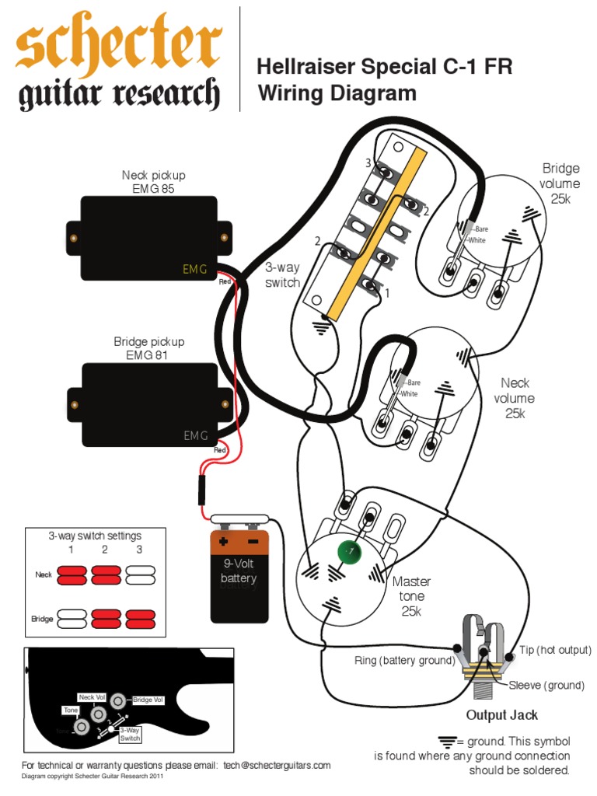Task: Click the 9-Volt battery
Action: point(239,575)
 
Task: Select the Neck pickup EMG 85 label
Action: point(153,182)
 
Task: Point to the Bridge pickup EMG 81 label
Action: point(149,348)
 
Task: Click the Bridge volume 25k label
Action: point(560,183)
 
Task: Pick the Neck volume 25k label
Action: point(515,398)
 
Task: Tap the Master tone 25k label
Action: point(411,595)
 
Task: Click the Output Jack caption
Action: point(501,714)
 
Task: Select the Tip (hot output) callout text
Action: point(555,649)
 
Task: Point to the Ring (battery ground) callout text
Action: point(404,660)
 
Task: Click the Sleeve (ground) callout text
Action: point(546,685)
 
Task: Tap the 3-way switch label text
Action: point(282,275)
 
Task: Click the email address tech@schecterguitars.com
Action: point(276,765)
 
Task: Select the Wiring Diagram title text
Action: point(337,94)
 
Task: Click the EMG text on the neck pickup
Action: point(194,269)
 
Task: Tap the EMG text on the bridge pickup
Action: point(195,435)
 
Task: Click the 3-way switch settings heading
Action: point(95,536)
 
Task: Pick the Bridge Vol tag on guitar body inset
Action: point(148,700)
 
